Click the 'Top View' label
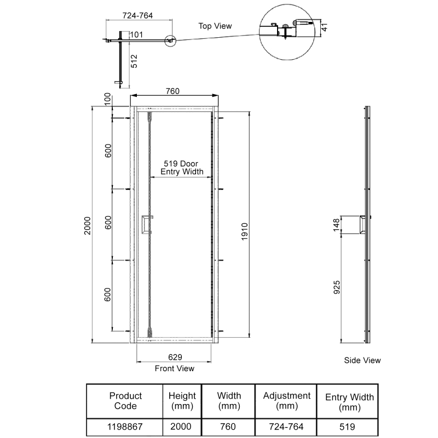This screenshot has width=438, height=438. pyautogui.click(x=215, y=26)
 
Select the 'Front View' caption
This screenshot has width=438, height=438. pyautogui.click(x=174, y=368)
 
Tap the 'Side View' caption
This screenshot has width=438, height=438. pyautogui.click(x=362, y=360)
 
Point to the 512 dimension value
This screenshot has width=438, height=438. pyautogui.click(x=134, y=61)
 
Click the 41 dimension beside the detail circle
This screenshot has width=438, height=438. pyautogui.click(x=324, y=27)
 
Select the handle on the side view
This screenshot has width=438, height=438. pyautogui.click(x=361, y=224)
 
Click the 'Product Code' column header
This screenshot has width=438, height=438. pyautogui.click(x=125, y=401)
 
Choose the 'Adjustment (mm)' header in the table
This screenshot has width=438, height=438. pyautogui.click(x=286, y=401)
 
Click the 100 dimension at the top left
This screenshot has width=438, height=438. pyautogui.click(x=108, y=100)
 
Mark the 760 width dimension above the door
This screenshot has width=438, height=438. pyautogui.click(x=173, y=91)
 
